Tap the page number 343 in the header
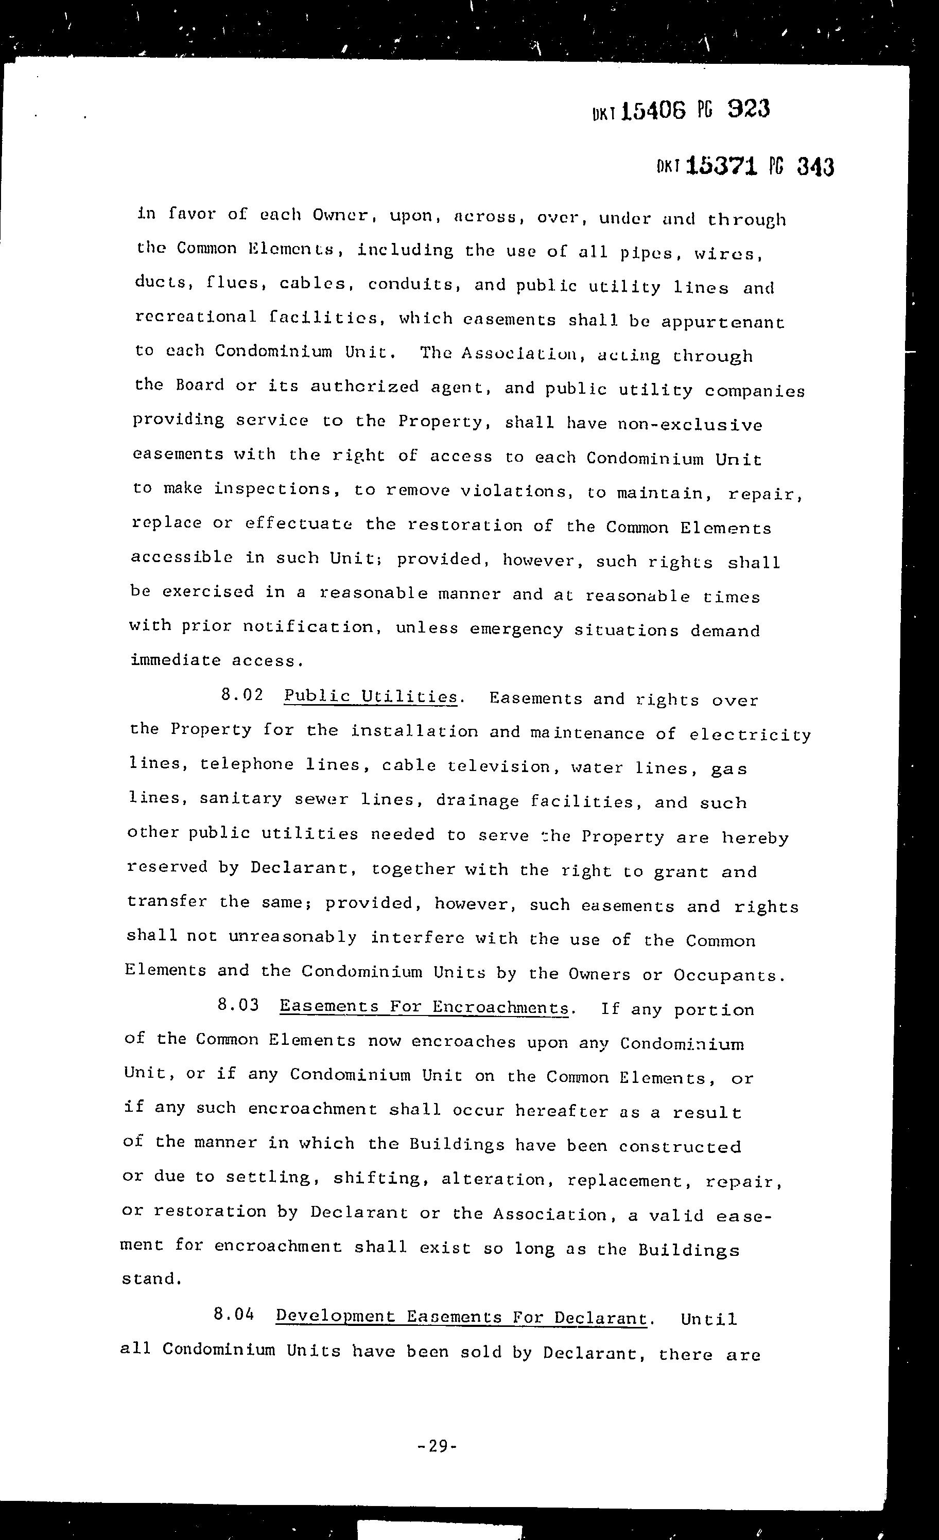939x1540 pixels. [x=815, y=167]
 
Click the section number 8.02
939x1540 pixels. [x=242, y=695]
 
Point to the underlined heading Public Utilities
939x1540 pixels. [x=371, y=696]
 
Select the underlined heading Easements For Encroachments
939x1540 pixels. [x=424, y=1006]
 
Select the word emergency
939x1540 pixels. [x=516, y=629]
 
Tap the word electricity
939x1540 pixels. [x=750, y=734]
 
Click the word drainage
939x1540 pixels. [x=477, y=801]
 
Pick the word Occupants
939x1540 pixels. [x=728, y=975]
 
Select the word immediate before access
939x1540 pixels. [x=175, y=660]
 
